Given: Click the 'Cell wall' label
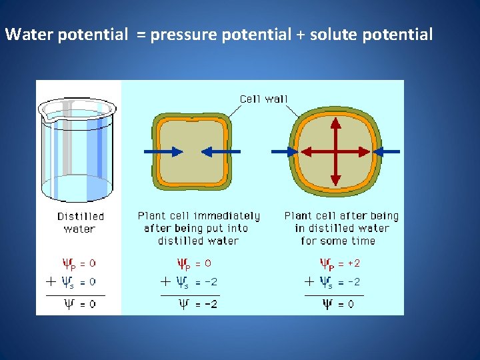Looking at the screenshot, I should coord(264,99).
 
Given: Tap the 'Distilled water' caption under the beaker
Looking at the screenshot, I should coord(80,223).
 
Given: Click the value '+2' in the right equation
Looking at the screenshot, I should coord(353,263).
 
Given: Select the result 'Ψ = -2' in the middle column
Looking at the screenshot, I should coord(198,304).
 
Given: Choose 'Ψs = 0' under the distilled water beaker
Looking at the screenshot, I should coord(79,282).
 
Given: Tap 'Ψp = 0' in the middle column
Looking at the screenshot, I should coord(194,263).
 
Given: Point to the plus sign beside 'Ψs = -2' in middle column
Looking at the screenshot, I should coord(165,281).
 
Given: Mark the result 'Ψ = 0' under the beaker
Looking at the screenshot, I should coord(79,304).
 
